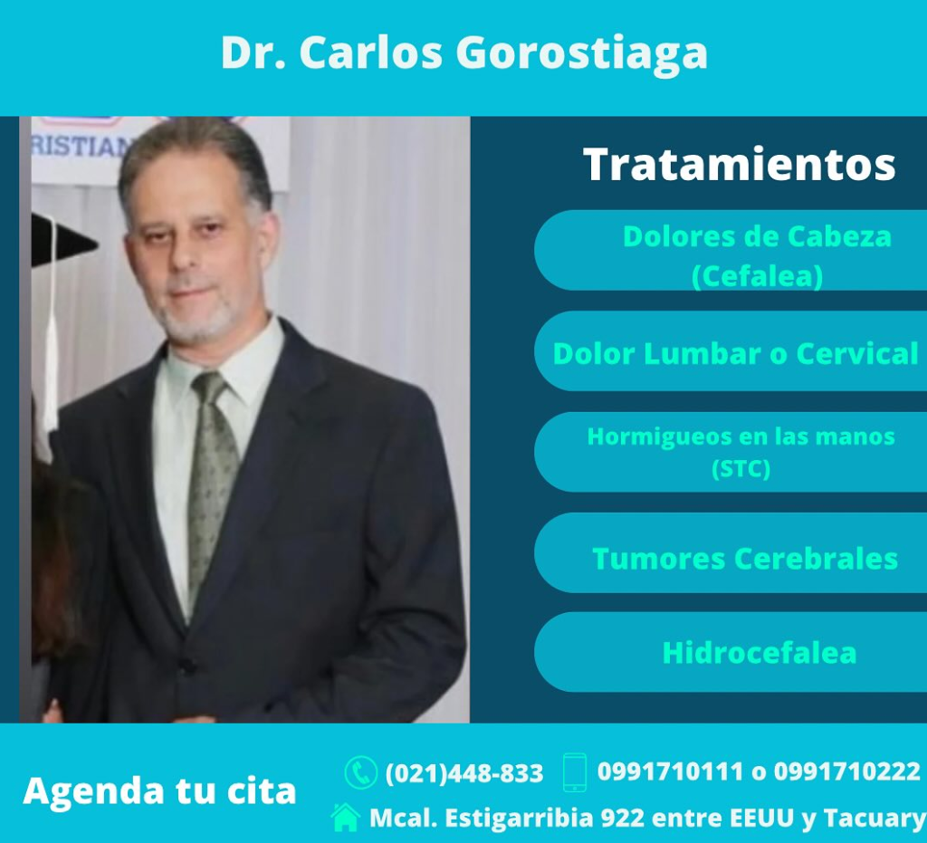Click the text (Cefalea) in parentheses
click(x=758, y=276)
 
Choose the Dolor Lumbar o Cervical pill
click(x=731, y=351)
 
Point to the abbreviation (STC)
click(x=741, y=469)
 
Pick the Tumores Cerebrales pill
click(x=731, y=552)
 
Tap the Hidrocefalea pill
click(x=731, y=652)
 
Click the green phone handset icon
click(x=360, y=772)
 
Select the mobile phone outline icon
click(x=575, y=772)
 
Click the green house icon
click(x=345, y=818)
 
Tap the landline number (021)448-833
click(x=464, y=773)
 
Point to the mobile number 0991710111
click(x=670, y=771)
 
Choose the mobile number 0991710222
click(x=847, y=771)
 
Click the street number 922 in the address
click(x=622, y=819)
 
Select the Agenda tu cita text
click(x=159, y=791)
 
